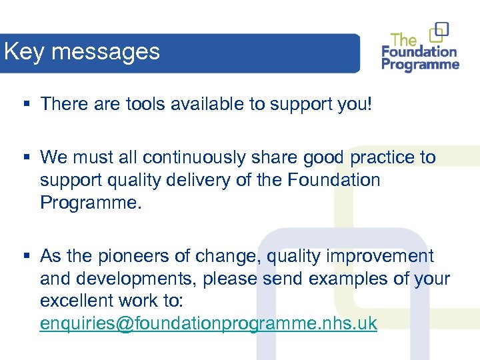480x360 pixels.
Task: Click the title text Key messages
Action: pos(81,52)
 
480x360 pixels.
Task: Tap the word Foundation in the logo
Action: pos(419,52)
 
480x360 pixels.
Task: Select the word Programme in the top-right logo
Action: pos(420,65)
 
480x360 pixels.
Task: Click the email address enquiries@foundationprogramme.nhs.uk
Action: pos(208,323)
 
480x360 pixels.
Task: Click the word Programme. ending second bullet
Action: pos(91,203)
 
